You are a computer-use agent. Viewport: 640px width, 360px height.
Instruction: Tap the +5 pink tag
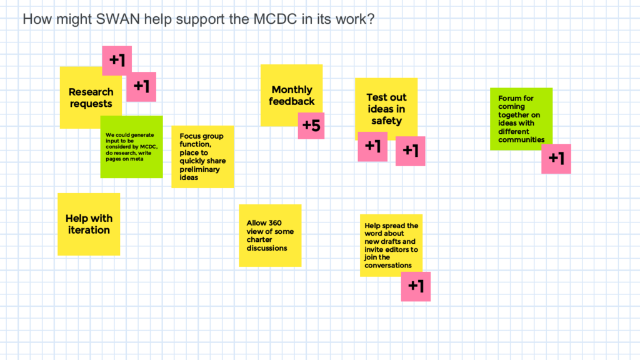311,126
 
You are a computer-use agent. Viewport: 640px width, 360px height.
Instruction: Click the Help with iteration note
89,224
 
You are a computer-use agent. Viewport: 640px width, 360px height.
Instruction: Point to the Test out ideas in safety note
386,106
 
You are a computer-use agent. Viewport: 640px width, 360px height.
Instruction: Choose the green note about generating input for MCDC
131,147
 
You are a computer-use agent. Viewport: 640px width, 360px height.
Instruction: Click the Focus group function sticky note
203,157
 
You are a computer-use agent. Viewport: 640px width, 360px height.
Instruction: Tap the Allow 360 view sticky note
270,236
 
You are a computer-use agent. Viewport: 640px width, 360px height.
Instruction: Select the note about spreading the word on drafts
391,245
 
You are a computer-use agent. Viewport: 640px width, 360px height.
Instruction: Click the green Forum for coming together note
521,119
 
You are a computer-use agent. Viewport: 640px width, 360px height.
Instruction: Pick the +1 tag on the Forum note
556,159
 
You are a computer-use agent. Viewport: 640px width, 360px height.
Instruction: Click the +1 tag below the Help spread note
416,286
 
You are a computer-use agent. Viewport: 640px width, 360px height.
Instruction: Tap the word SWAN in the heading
118,19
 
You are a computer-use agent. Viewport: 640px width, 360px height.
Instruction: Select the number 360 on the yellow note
275,223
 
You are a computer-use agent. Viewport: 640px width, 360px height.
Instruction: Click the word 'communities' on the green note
521,139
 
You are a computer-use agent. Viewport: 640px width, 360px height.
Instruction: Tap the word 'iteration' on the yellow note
89,230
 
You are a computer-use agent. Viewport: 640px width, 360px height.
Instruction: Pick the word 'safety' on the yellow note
386,121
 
